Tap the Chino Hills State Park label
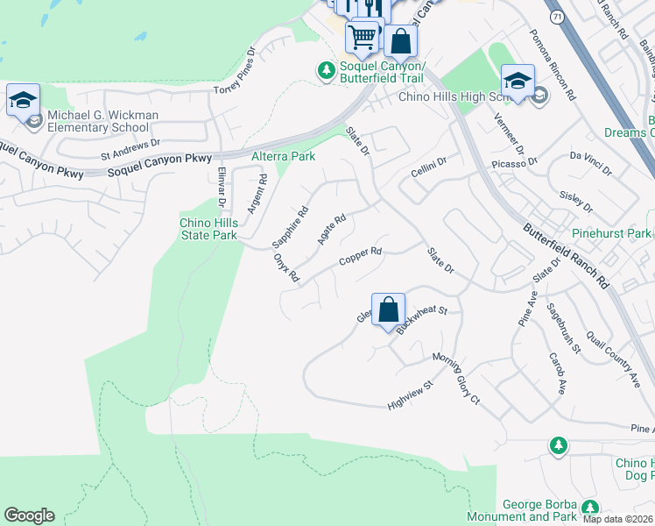[x=208, y=230]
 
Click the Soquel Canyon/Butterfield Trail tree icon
[x=327, y=69]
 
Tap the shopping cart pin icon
[x=362, y=37]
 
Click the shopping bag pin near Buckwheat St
[x=389, y=309]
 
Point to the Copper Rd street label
[x=361, y=257]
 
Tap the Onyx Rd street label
[x=285, y=267]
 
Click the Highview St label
[x=411, y=395]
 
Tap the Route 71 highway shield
[x=556, y=17]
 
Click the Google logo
[x=29, y=515]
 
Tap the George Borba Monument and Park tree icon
[x=589, y=507]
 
